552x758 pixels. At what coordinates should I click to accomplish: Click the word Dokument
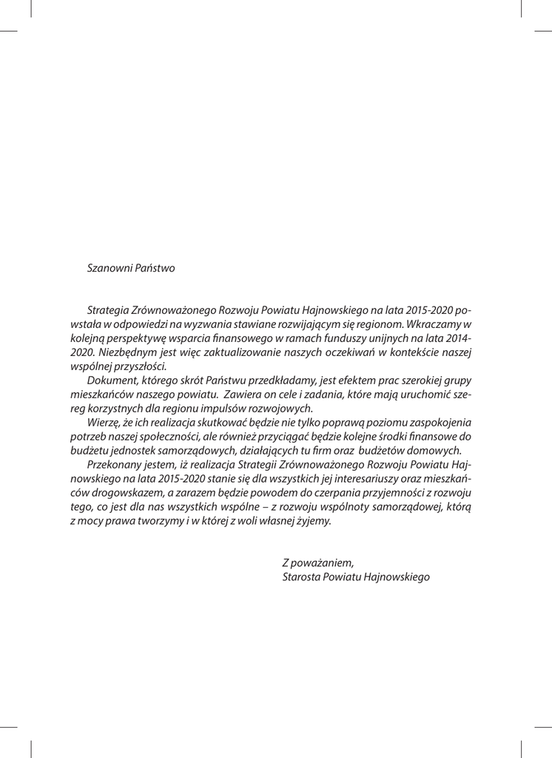[112, 380]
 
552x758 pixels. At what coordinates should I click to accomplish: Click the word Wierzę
[104, 422]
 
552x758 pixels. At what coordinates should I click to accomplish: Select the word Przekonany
[115, 464]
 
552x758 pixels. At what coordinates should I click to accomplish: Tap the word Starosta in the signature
[303, 577]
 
